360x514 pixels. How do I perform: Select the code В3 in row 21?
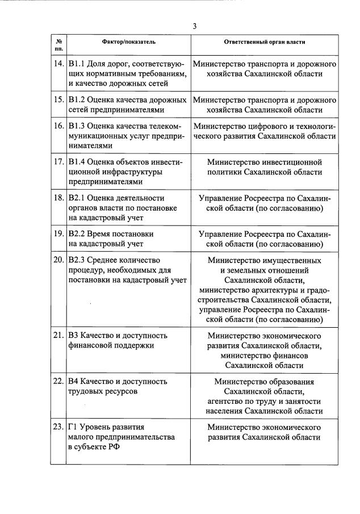point(74,335)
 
